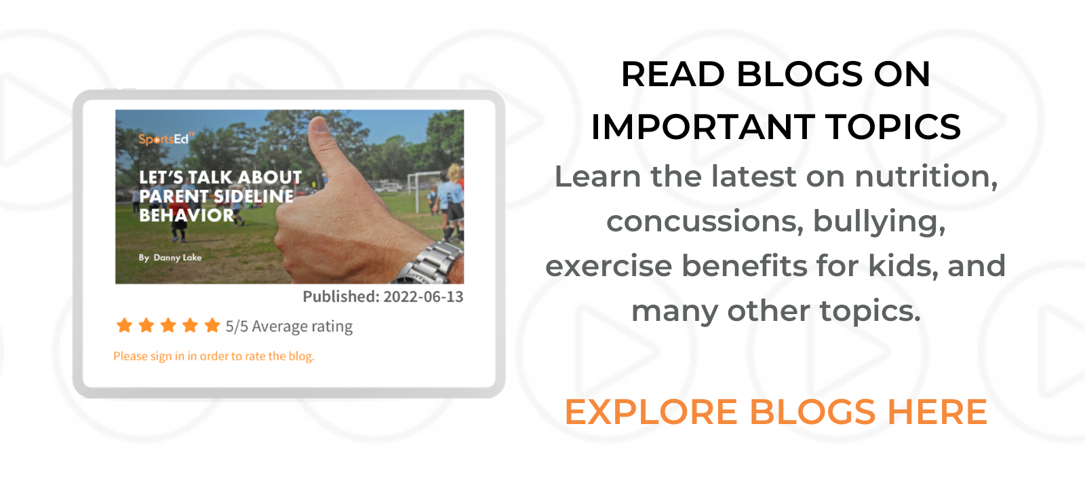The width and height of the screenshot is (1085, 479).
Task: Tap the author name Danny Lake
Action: click(x=177, y=257)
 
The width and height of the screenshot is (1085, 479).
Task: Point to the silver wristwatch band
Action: click(x=429, y=263)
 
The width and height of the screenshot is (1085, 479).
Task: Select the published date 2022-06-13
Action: click(x=423, y=296)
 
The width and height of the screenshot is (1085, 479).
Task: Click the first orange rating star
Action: click(x=125, y=325)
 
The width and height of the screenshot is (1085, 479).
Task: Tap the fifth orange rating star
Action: click(x=212, y=325)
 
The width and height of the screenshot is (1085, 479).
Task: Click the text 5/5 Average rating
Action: click(x=289, y=326)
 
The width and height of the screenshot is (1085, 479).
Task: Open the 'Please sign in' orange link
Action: click(x=214, y=356)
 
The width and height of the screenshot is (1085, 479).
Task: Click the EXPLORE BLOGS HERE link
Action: click(x=776, y=412)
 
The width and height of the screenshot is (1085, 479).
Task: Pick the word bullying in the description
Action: click(x=879, y=222)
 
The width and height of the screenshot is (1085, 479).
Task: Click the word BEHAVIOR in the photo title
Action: click(x=186, y=215)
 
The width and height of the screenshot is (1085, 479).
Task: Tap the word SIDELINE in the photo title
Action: click(x=254, y=196)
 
